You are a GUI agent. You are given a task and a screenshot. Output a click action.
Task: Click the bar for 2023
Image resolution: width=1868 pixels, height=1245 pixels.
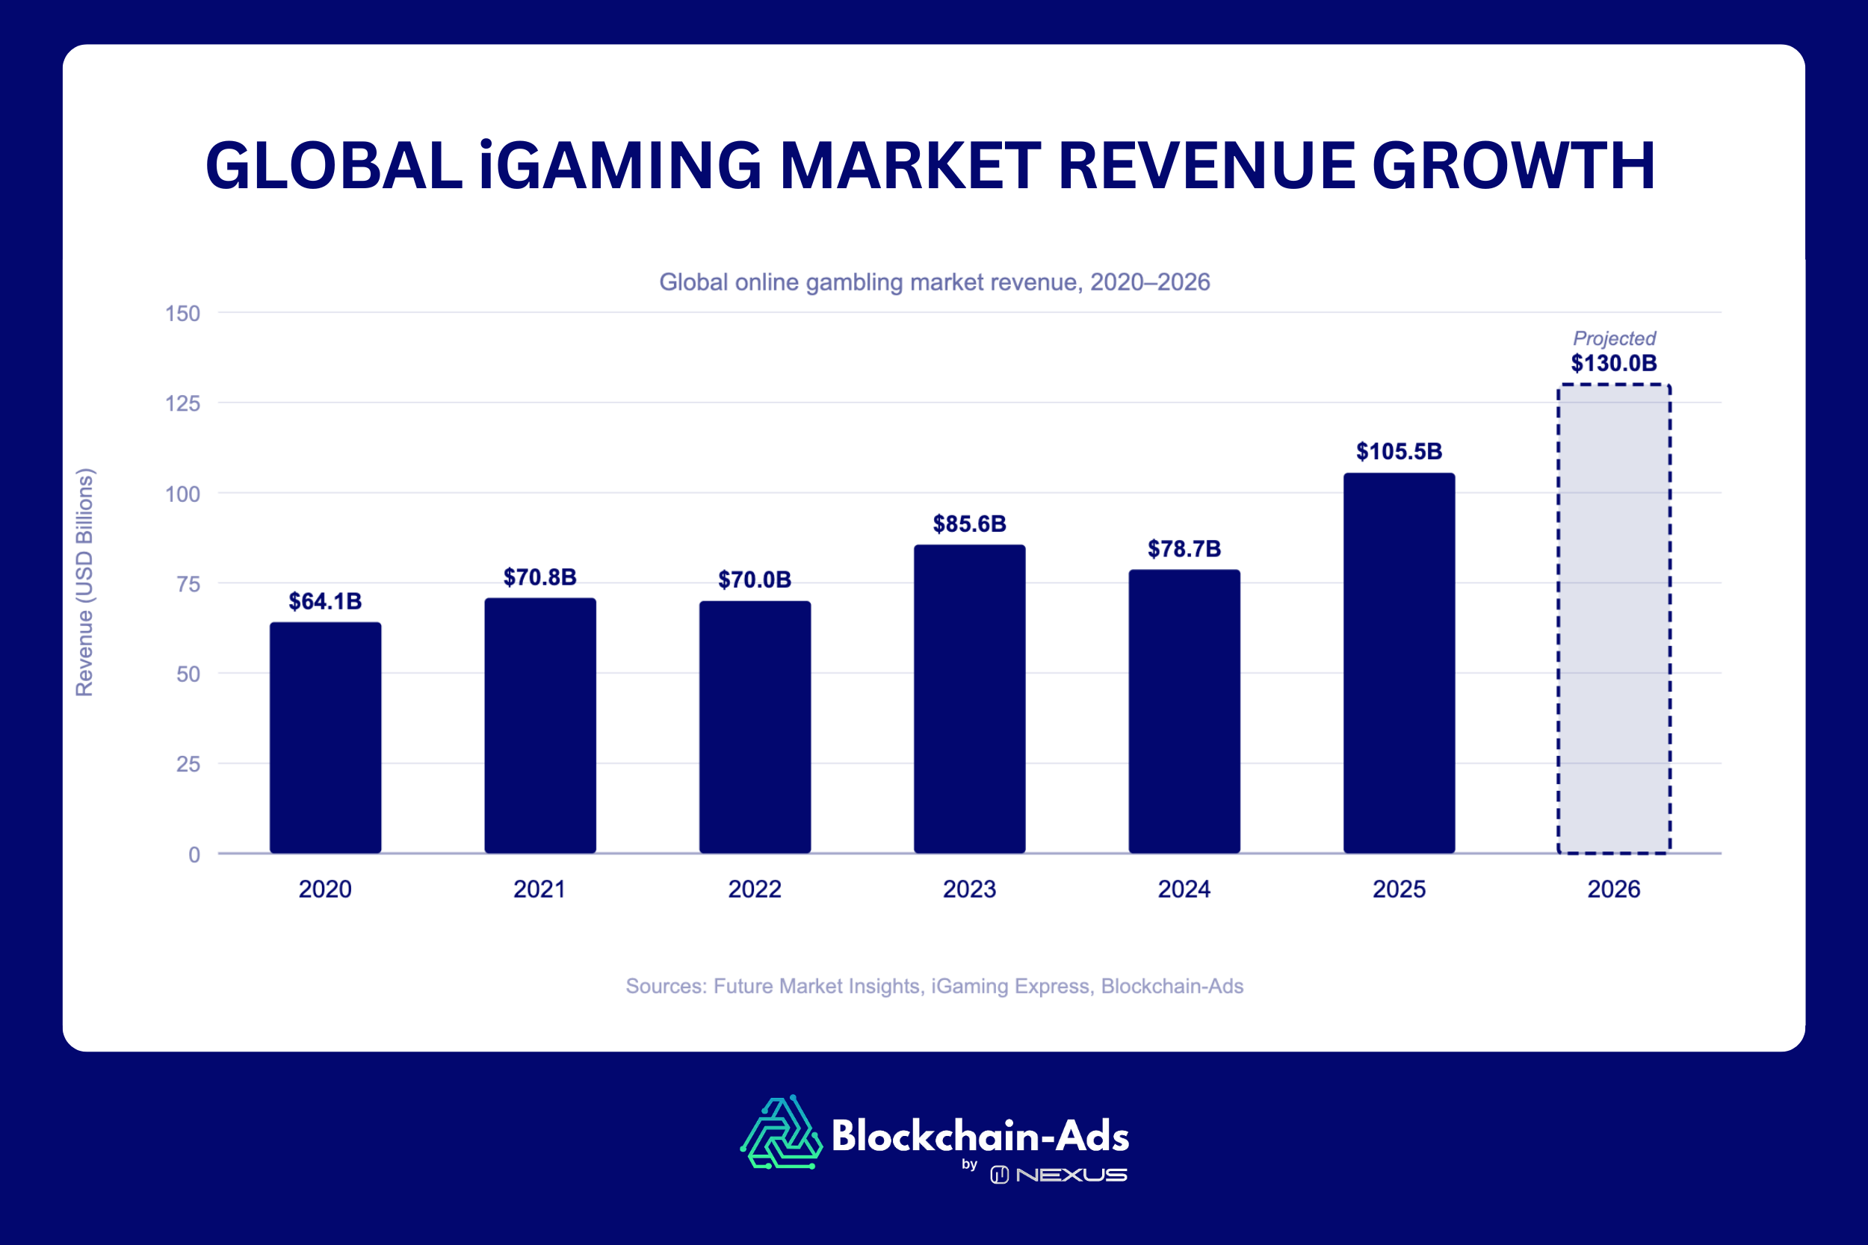(969, 699)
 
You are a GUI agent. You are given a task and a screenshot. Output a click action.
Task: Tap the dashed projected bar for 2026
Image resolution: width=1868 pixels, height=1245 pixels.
(1613, 619)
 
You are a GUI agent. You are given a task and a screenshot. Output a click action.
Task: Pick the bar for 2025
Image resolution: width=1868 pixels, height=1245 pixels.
(1399, 663)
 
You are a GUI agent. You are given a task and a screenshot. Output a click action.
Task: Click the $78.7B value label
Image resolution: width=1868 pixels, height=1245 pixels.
(1184, 549)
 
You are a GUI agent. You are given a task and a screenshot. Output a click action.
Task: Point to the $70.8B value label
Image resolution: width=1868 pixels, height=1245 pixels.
(539, 577)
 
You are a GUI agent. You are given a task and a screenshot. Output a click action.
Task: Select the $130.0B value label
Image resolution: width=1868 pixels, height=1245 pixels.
(1613, 364)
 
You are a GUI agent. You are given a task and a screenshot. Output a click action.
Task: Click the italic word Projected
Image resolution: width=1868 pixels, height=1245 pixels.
(1614, 338)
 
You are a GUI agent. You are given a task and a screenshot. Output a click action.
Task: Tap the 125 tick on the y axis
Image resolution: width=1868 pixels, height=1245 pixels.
(182, 403)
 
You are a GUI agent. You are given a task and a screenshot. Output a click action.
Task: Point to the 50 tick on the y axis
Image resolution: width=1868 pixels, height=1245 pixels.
(188, 674)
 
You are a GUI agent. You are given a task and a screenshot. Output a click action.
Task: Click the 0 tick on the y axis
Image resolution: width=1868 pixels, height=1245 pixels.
(194, 855)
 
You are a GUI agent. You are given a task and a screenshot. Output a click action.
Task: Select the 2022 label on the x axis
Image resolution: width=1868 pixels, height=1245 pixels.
(755, 889)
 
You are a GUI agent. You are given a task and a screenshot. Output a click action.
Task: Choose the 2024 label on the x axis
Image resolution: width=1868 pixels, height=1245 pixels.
(1184, 889)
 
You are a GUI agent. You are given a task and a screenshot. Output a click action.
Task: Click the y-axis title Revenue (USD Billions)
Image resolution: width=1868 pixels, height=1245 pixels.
(84, 582)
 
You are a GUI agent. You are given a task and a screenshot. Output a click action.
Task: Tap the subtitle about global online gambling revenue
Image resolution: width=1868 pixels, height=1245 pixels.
(934, 282)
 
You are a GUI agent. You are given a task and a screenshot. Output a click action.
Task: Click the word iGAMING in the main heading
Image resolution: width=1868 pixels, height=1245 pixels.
(619, 166)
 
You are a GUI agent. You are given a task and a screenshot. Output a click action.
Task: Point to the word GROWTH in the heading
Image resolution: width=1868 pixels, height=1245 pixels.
(1513, 166)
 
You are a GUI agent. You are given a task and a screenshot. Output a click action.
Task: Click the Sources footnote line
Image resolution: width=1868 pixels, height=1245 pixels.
(934, 985)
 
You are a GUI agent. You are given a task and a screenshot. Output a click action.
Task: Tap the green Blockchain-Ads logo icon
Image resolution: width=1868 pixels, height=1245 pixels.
(781, 1133)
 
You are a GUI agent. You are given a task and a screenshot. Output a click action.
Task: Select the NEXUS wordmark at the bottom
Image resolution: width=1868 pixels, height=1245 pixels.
(1071, 1174)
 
